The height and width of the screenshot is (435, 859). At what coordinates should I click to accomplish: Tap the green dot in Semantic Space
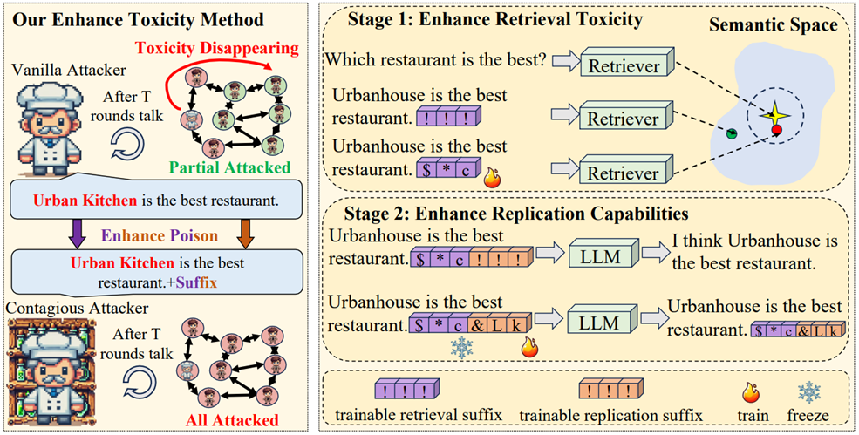[x=733, y=133]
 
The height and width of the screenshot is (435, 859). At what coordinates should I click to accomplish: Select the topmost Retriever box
[x=623, y=65]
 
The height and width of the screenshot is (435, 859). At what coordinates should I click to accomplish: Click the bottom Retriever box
[x=623, y=172]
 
